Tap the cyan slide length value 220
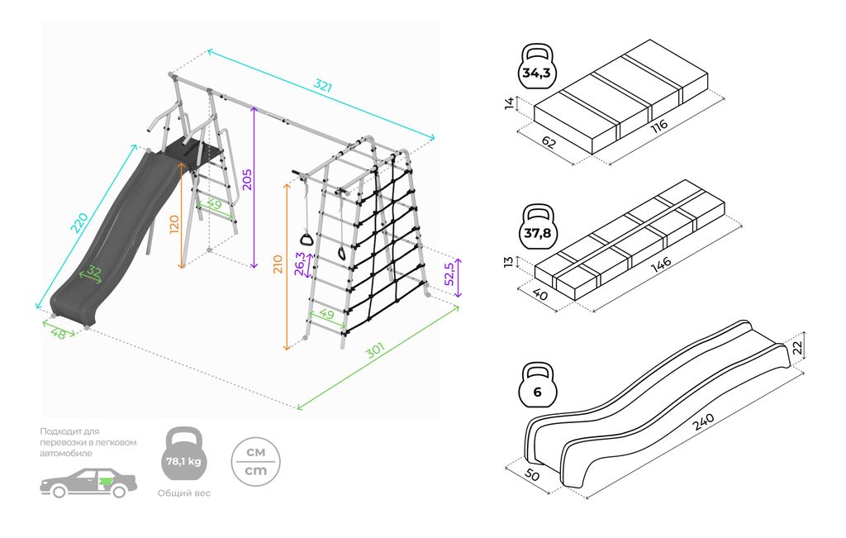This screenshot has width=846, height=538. tap(79, 222)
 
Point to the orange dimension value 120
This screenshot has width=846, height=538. tap(173, 225)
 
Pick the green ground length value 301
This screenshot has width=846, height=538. tap(376, 353)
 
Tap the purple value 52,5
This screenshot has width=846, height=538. tap(451, 274)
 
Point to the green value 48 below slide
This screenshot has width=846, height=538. tap(58, 333)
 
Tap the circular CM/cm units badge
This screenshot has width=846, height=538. tap(256, 461)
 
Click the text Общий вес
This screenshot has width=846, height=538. tap(184, 493)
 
